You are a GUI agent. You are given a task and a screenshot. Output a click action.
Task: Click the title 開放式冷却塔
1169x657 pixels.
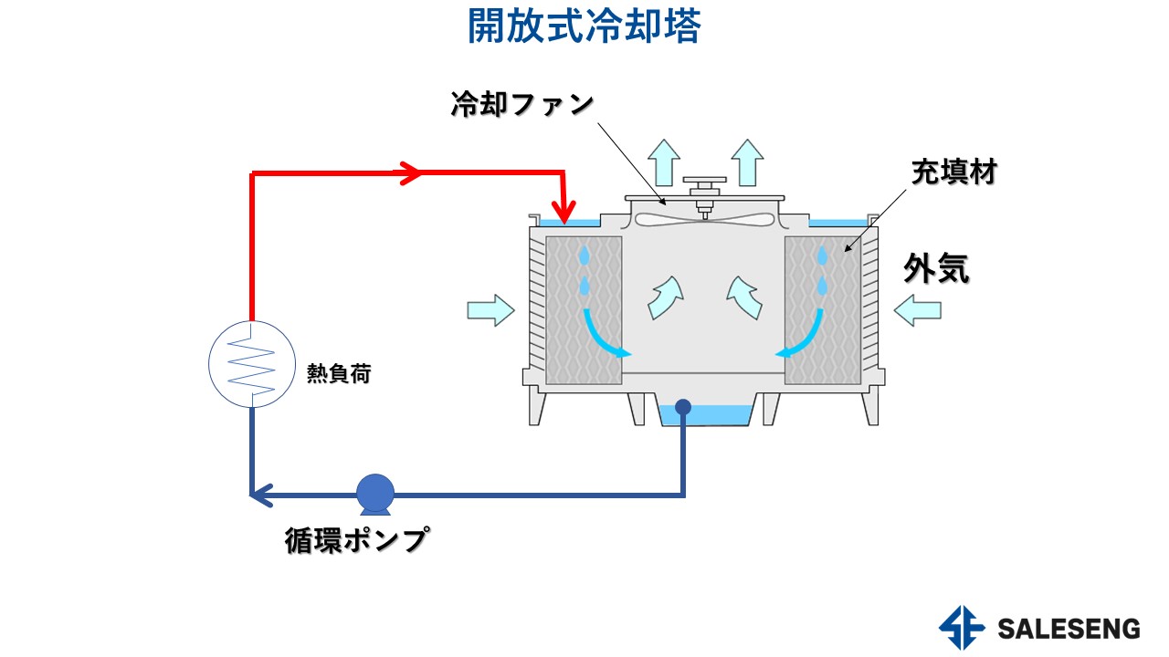pyautogui.click(x=584, y=27)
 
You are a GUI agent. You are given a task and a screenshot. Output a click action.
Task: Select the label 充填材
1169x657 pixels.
pyautogui.click(x=953, y=172)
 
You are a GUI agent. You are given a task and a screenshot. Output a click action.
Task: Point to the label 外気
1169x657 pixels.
pyautogui.click(x=936, y=269)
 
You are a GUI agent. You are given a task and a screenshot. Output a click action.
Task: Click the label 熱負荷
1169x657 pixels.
pyautogui.click(x=339, y=373)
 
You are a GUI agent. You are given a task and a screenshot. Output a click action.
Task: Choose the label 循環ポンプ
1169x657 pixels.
pyautogui.click(x=355, y=541)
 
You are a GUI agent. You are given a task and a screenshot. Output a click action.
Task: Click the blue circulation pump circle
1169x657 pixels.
pyautogui.click(x=374, y=494)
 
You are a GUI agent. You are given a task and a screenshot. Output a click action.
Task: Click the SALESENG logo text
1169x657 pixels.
pyautogui.click(x=1069, y=629)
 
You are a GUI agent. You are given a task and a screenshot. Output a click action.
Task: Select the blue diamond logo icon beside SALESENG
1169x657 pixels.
pyautogui.click(x=962, y=629)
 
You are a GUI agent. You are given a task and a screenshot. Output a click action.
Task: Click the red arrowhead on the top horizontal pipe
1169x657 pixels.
pyautogui.click(x=410, y=172)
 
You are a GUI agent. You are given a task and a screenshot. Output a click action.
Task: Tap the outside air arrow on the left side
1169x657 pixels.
pyautogui.click(x=491, y=310)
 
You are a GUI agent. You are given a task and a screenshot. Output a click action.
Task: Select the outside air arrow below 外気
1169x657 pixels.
pyautogui.click(x=917, y=311)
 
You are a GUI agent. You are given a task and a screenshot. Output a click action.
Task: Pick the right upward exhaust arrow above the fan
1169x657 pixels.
pyautogui.click(x=747, y=162)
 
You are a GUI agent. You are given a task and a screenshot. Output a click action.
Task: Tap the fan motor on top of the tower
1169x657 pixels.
pyautogui.click(x=703, y=189)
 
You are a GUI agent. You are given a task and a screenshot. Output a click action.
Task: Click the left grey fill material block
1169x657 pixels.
pyautogui.click(x=584, y=310)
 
